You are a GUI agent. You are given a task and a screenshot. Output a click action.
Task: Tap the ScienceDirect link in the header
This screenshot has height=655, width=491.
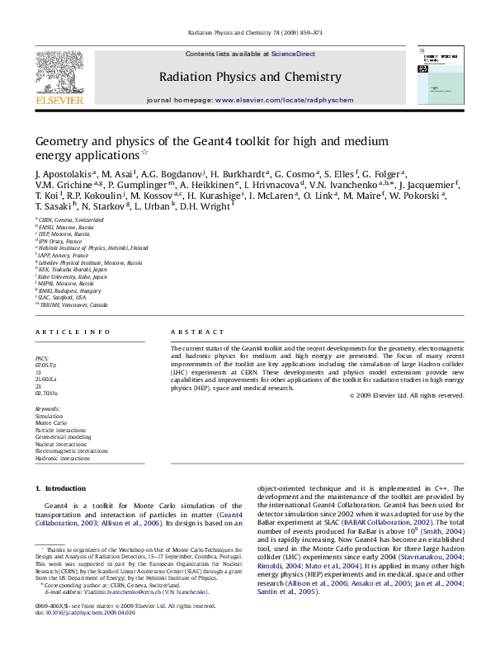tap(293, 54)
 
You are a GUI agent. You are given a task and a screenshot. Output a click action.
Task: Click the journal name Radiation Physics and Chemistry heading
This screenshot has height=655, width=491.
tap(250, 77)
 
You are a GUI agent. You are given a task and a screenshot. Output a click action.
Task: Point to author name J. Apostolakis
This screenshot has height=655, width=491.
tap(63, 175)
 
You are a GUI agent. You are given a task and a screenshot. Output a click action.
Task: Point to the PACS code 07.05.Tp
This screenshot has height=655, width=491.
tap(46, 364)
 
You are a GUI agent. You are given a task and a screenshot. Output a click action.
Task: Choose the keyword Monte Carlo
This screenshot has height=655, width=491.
tap(51, 422)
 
